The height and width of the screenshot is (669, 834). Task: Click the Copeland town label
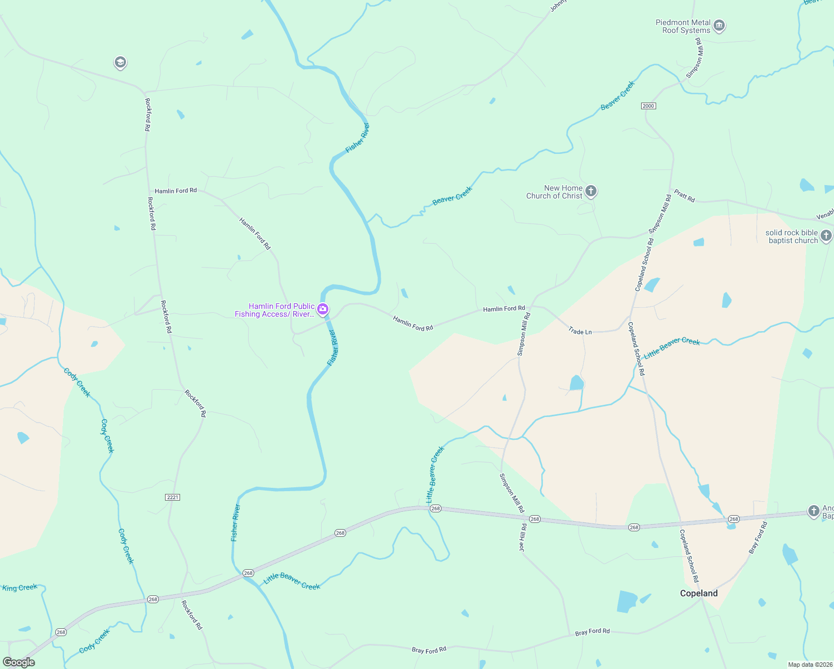pos(699,593)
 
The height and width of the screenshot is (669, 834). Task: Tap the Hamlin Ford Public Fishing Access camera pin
pos(322,309)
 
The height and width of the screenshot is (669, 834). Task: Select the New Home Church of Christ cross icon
pos(591,191)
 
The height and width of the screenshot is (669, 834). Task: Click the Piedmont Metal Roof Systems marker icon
pos(719,26)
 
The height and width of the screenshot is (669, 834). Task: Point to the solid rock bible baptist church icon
pos(827,236)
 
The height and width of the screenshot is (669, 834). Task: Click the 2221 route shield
pos(173,497)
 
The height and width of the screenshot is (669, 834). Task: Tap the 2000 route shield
pos(648,106)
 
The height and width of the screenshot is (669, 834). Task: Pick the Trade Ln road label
pos(580,331)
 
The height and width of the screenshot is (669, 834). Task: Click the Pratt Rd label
pos(684,196)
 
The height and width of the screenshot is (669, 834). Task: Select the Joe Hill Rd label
pos(523,537)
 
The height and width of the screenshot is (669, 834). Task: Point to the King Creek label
pos(20,588)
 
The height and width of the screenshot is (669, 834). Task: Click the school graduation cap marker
pos(120,62)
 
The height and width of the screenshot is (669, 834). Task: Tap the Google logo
pos(19,662)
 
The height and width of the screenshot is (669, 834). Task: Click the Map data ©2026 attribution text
pos(809,665)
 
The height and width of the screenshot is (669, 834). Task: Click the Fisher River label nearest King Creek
pos(235,522)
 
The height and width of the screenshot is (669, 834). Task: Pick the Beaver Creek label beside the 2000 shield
pos(618,95)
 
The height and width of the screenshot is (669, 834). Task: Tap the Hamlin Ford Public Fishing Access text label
pos(274,310)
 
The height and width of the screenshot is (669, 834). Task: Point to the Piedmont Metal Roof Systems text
pos(683,26)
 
